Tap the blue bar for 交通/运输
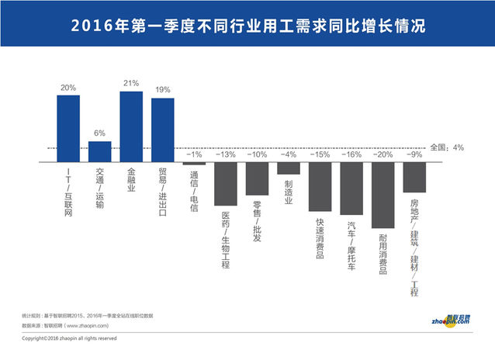99,152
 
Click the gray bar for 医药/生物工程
225,185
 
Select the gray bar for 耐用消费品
383,195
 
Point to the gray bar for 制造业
289,168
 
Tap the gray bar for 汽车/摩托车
351,189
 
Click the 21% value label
131,84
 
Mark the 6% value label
99,133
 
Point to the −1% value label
194,155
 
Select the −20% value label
383,155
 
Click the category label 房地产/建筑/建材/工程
414,248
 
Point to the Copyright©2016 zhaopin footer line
69,338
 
